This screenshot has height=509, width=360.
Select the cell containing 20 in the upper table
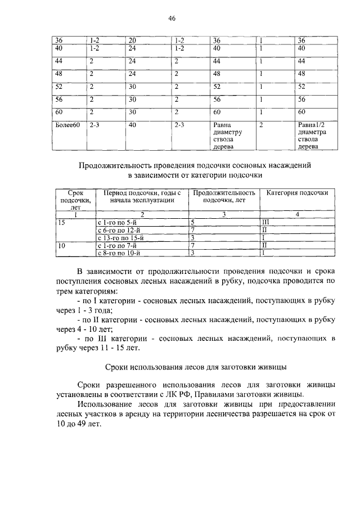coord(132,40)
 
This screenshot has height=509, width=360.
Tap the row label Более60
coord(66,125)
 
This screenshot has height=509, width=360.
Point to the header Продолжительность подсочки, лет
coord(223,196)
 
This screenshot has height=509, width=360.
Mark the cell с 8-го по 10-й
coord(118,254)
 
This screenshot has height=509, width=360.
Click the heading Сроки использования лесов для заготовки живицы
coord(196,367)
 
